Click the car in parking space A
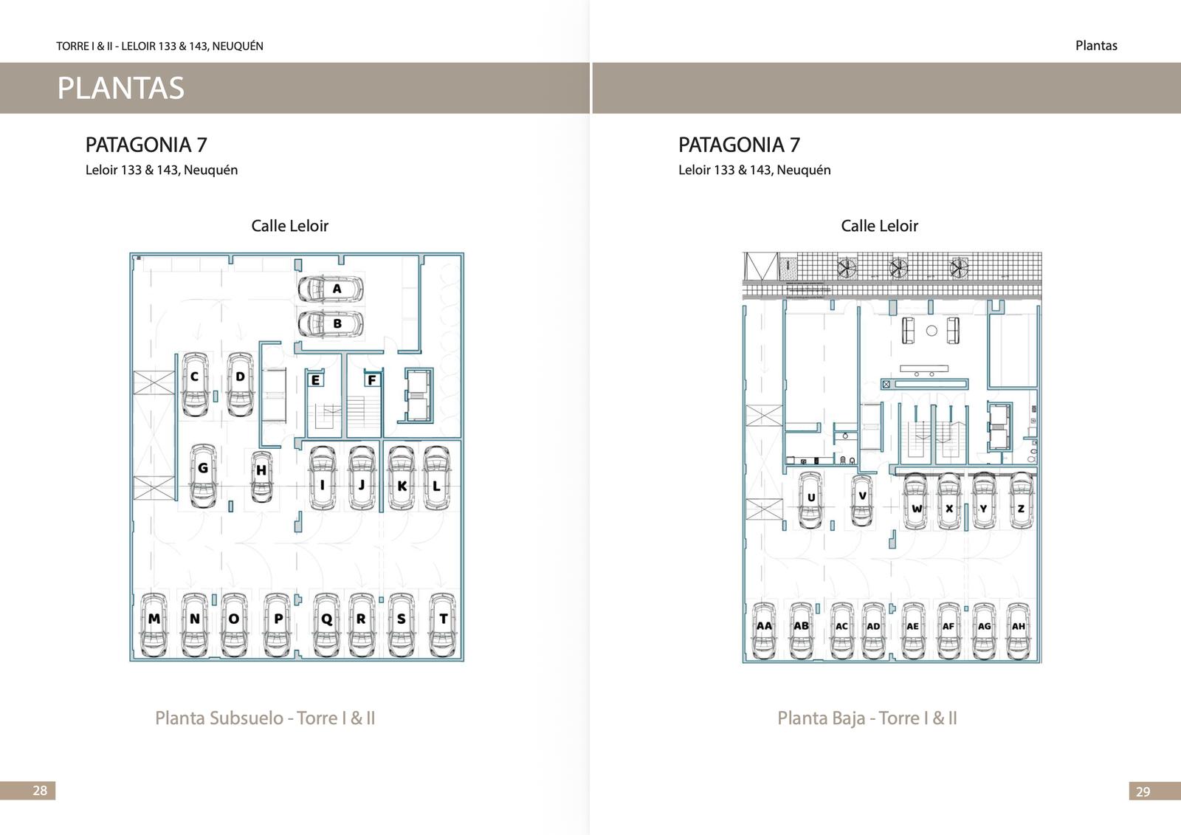click(x=331, y=289)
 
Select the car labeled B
click(x=331, y=324)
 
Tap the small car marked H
click(x=261, y=477)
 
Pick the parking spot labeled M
click(x=154, y=625)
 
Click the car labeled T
click(x=442, y=625)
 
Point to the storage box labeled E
click(x=315, y=379)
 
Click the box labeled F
click(x=372, y=379)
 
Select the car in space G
click(x=203, y=475)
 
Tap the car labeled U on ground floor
click(x=810, y=500)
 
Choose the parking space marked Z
click(x=1022, y=501)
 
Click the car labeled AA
click(x=763, y=631)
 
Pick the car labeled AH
click(x=1019, y=631)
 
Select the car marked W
click(x=916, y=501)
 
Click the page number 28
click(x=40, y=790)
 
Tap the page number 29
click(x=1143, y=791)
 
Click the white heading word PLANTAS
click(x=121, y=88)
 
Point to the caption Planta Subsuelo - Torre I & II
click(x=265, y=718)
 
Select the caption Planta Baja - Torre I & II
click(x=867, y=718)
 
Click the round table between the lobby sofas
click(x=932, y=331)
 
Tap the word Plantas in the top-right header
click(x=1096, y=45)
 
